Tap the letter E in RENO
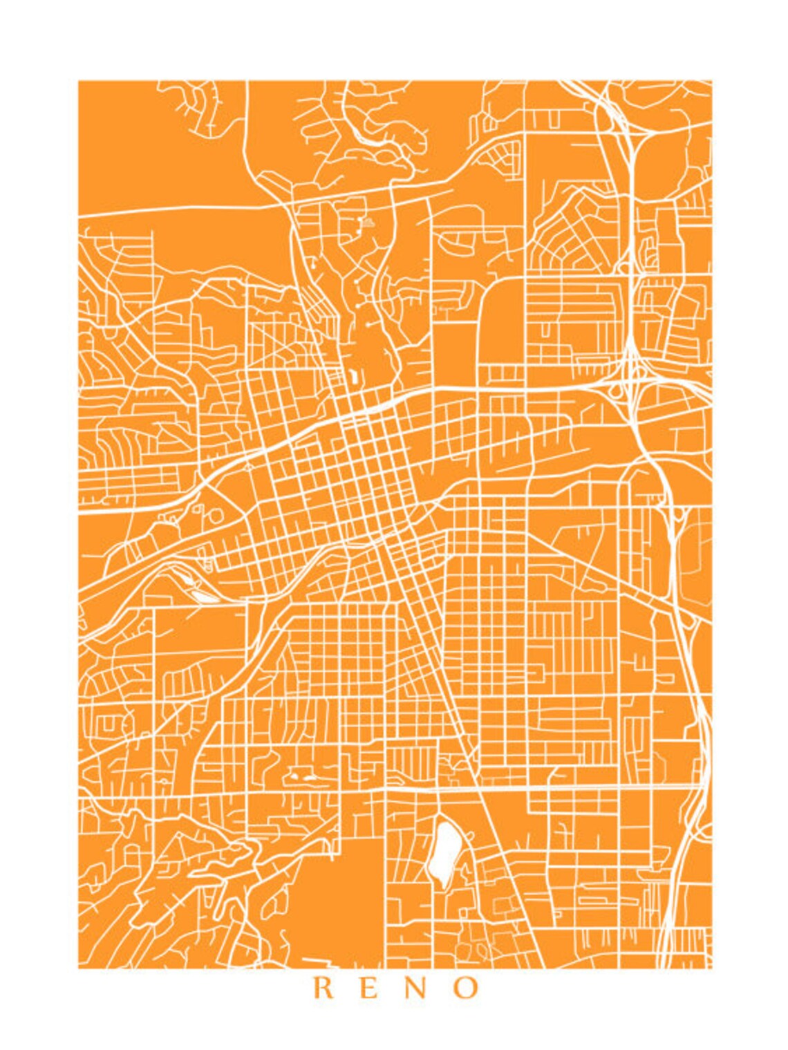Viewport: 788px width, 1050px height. (x=370, y=988)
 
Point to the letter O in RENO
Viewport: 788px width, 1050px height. (x=467, y=988)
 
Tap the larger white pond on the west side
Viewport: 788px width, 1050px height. (x=201, y=594)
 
